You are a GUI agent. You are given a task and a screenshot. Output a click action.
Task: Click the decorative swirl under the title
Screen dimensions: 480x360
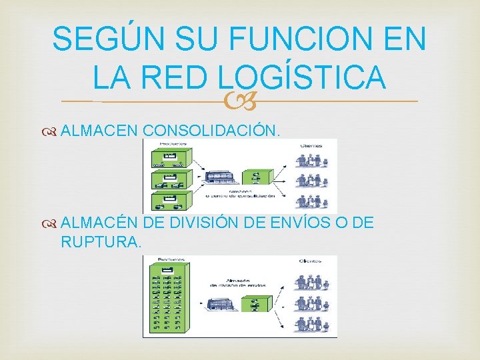pos(239,101)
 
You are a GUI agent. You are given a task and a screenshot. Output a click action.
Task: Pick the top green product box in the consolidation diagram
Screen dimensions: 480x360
pos(173,157)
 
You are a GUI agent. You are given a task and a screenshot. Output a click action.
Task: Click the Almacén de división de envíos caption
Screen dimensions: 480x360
pos(238,282)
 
